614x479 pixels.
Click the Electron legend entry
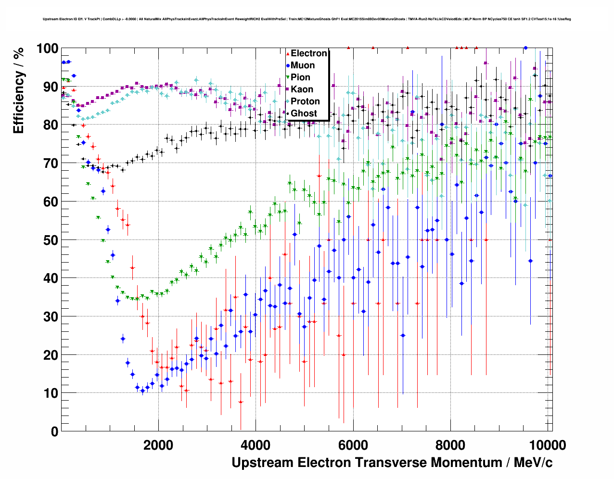[x=308, y=53]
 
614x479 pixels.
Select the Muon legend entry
[x=302, y=65]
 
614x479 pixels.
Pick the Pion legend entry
[x=300, y=77]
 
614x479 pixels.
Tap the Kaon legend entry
[x=302, y=89]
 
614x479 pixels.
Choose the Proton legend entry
[x=305, y=101]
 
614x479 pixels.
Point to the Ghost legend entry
[x=304, y=113]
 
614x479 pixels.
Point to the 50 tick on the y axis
[x=51, y=240]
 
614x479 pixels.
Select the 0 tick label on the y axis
[x=54, y=431]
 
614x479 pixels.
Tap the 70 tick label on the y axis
[x=51, y=164]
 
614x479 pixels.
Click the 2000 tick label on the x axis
[x=158, y=445]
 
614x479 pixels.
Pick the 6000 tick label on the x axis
[x=353, y=445]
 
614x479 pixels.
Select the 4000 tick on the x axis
[x=256, y=445]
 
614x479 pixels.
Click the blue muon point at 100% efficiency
[x=525, y=48]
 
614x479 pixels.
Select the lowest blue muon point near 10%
[x=142, y=391]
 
